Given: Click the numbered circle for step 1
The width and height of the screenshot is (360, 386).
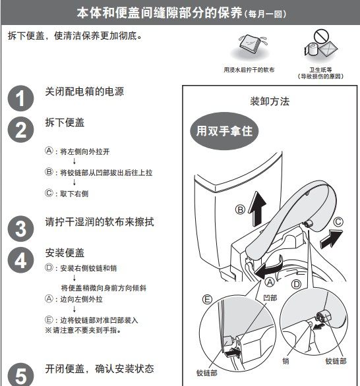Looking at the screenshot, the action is tap(20, 98).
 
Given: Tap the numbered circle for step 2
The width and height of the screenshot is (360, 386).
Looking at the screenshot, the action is tap(20, 130).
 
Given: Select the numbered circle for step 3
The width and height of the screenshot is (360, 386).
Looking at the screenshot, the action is tap(20, 229).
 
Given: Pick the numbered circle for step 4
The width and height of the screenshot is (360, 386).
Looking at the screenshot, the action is tap(20, 260).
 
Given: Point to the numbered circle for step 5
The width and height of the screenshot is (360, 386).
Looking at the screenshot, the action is tap(20, 375).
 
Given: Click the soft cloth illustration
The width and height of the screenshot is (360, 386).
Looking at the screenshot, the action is tap(252, 44).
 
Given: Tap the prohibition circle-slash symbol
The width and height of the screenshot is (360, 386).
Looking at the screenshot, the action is tap(321, 36).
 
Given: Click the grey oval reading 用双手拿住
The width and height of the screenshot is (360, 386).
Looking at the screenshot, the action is tap(224, 130).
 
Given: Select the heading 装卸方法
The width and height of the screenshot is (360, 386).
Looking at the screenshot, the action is tap(270, 101).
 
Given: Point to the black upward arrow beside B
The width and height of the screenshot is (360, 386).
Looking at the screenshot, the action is tap(257, 209).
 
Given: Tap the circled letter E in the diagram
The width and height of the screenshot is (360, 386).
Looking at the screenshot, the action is tap(207, 300).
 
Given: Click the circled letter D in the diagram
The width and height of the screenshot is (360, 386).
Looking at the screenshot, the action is tap(296, 285).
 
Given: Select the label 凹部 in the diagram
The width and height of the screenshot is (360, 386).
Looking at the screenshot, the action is tap(270, 298).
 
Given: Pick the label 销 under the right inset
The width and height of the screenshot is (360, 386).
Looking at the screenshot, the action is tap(286, 361).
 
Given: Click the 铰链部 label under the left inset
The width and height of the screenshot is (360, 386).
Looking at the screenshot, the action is tap(207, 373).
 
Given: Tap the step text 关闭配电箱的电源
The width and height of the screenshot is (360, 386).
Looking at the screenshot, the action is tap(84, 92).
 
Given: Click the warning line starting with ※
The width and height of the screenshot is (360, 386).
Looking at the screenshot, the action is tap(83, 330).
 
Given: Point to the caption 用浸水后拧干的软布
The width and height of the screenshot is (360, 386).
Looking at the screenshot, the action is tap(249, 70).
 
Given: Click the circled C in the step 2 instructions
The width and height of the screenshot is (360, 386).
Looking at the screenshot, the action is tap(49, 193).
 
